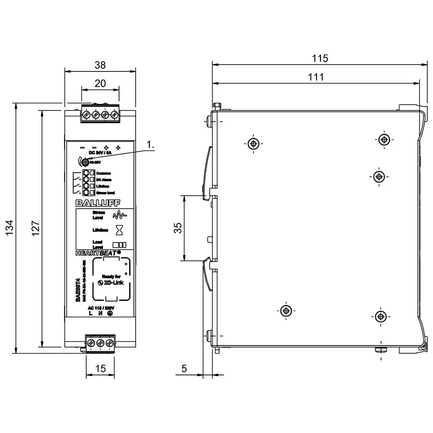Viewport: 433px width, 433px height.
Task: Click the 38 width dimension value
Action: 100,65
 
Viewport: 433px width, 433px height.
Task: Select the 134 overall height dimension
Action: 11,228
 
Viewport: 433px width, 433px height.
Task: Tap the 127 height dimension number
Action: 36,228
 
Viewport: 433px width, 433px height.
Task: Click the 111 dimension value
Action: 316,77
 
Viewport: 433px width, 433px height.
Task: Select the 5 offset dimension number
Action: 184,369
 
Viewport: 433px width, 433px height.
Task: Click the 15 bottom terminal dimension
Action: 100,369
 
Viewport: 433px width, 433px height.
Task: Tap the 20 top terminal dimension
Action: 100,84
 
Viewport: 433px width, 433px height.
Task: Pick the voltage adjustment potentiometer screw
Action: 85,162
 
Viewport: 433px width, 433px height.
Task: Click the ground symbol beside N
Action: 110,313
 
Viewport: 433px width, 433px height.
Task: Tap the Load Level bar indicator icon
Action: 119,244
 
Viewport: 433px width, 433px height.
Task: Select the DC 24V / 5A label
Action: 100,153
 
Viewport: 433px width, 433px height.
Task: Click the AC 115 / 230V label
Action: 100,307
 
